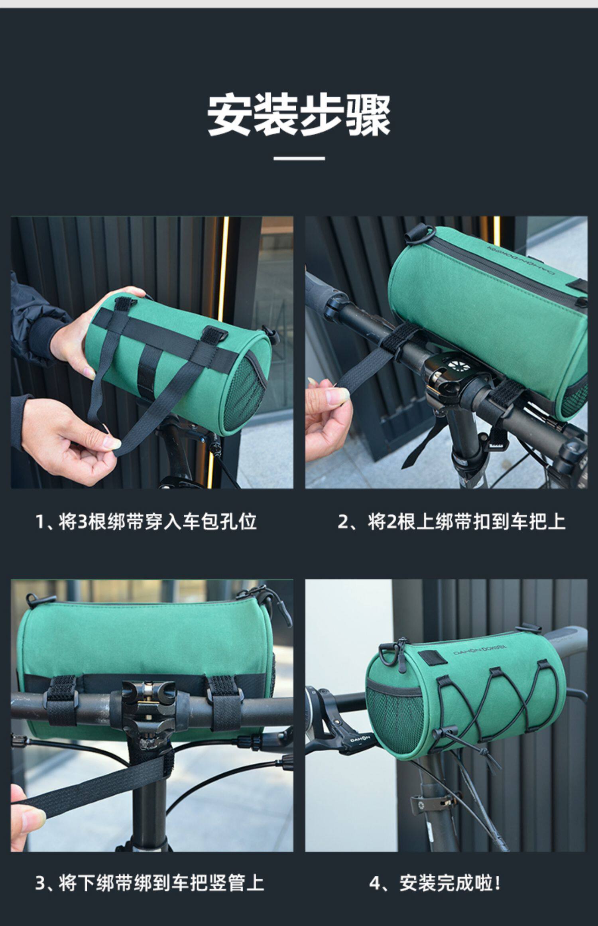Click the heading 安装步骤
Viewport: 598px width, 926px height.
(x=299, y=116)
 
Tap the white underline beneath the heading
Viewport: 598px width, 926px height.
(x=299, y=158)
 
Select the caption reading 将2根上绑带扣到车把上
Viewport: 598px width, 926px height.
(x=452, y=521)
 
